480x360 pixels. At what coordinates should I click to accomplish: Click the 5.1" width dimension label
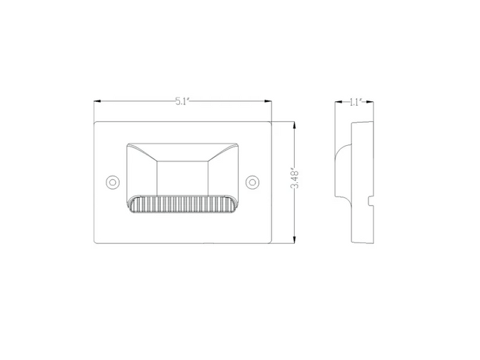pyautogui.click(x=183, y=102)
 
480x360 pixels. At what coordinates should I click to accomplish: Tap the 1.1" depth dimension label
pyautogui.click(x=355, y=102)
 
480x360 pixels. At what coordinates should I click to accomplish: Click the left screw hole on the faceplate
pyautogui.click(x=112, y=181)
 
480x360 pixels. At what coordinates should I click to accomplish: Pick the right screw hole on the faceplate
pyautogui.click(x=252, y=181)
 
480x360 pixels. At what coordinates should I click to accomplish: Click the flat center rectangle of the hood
pyautogui.click(x=183, y=176)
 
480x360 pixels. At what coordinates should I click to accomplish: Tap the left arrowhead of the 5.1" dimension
pyautogui.click(x=96, y=102)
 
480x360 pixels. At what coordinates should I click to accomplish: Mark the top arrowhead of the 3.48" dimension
pyautogui.click(x=295, y=124)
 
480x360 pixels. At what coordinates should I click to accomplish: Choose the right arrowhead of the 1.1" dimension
pyautogui.click(x=371, y=102)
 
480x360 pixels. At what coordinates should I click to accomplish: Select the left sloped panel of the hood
pyautogui.click(x=144, y=175)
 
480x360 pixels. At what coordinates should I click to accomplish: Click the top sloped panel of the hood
pyautogui.click(x=183, y=149)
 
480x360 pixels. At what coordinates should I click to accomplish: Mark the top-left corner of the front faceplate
pyautogui.click(x=95, y=123)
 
